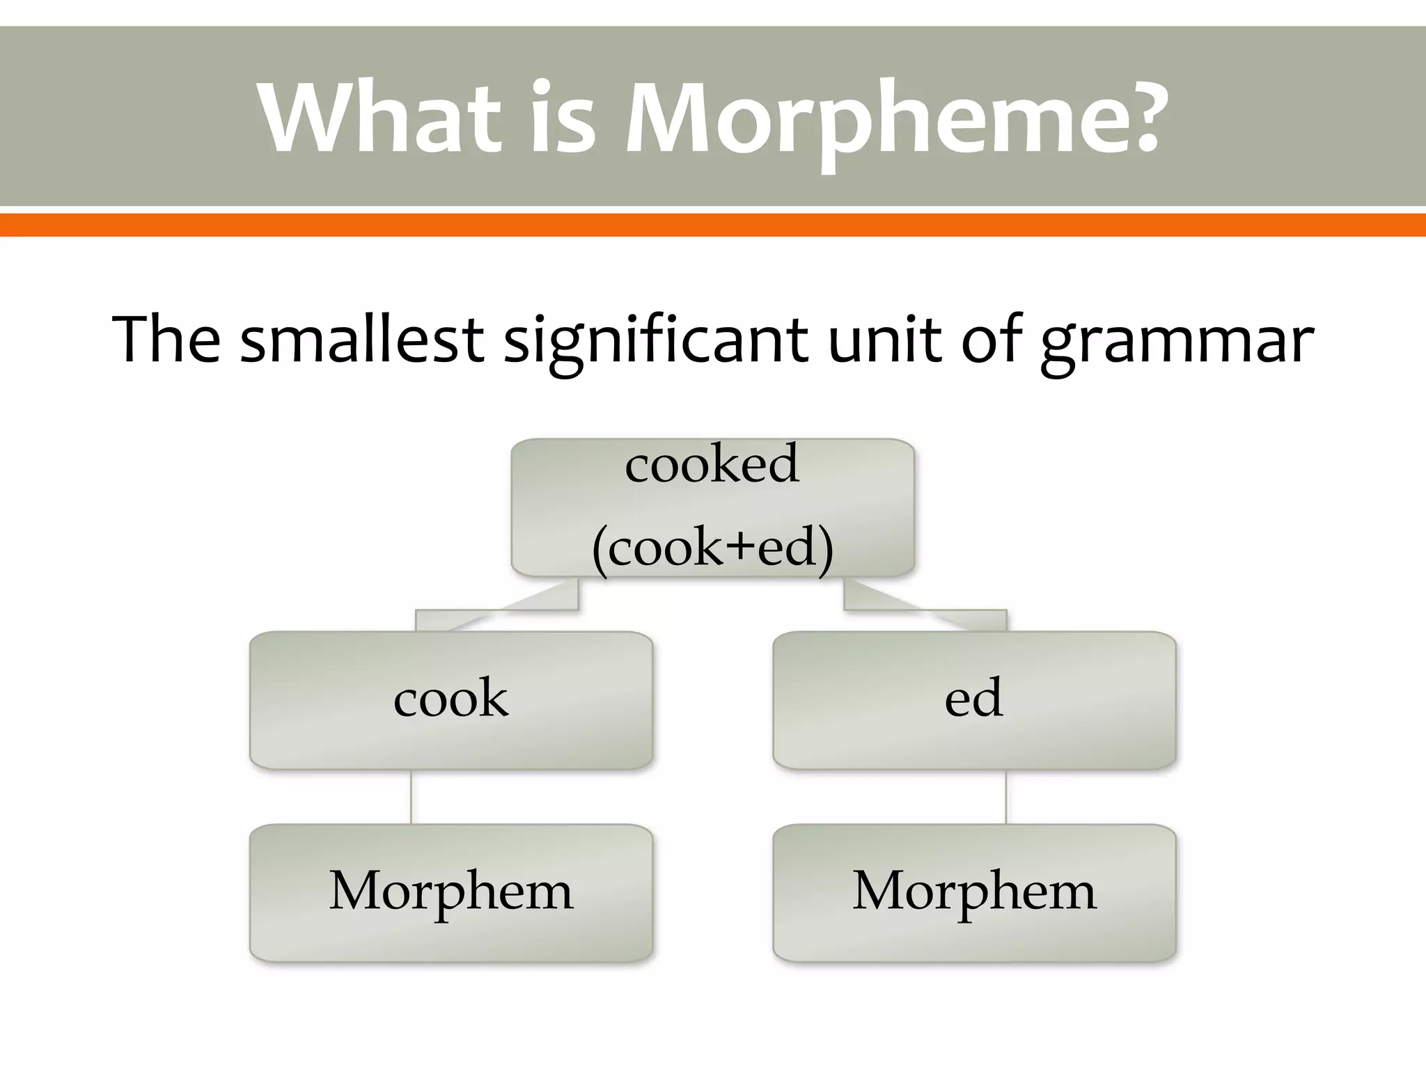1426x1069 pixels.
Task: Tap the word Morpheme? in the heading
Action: tap(894, 118)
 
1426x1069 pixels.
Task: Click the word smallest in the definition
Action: tap(361, 339)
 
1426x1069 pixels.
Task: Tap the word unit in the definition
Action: tap(884, 339)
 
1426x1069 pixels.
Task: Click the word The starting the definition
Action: tap(166, 339)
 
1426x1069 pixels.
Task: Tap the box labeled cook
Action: tap(451, 699)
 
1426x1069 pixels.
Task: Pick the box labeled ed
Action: tap(974, 699)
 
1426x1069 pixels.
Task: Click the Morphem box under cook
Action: tap(451, 892)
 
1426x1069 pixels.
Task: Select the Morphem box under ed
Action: tap(974, 892)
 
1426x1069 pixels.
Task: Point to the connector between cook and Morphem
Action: tap(411, 796)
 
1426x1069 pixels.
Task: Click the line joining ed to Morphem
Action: tap(1006, 796)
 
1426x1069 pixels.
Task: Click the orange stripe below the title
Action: tap(713, 225)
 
